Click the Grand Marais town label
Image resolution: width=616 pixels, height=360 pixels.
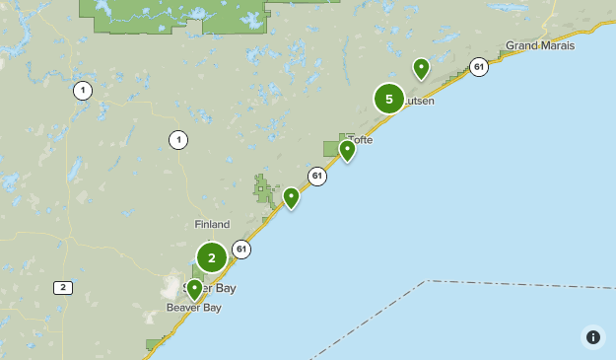click(x=539, y=45)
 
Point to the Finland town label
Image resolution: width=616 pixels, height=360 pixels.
click(x=212, y=225)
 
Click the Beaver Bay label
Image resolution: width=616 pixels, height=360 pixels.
click(x=193, y=308)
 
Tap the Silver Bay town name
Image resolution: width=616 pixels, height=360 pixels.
click(x=210, y=288)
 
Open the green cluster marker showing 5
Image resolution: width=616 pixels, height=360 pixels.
click(x=389, y=99)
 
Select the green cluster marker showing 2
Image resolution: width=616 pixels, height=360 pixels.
click(x=212, y=258)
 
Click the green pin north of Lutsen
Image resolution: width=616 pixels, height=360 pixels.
click(x=421, y=69)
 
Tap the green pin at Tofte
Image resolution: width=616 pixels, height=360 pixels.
click(x=347, y=150)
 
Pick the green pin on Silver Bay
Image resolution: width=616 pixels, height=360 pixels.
click(x=194, y=289)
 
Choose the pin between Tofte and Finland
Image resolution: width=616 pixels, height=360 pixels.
click(x=291, y=198)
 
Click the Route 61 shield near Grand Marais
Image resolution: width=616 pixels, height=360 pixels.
click(x=479, y=67)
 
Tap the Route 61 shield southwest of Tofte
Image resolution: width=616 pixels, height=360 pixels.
click(x=316, y=177)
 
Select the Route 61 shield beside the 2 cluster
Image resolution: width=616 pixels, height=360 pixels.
click(x=241, y=250)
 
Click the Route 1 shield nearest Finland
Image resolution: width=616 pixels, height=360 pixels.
click(x=177, y=140)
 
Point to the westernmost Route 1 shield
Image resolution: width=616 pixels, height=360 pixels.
click(x=82, y=91)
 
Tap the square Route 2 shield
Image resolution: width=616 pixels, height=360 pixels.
click(x=63, y=288)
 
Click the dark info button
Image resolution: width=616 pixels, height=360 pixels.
click(x=592, y=336)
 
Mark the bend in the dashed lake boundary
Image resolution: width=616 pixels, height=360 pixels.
click(x=429, y=281)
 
